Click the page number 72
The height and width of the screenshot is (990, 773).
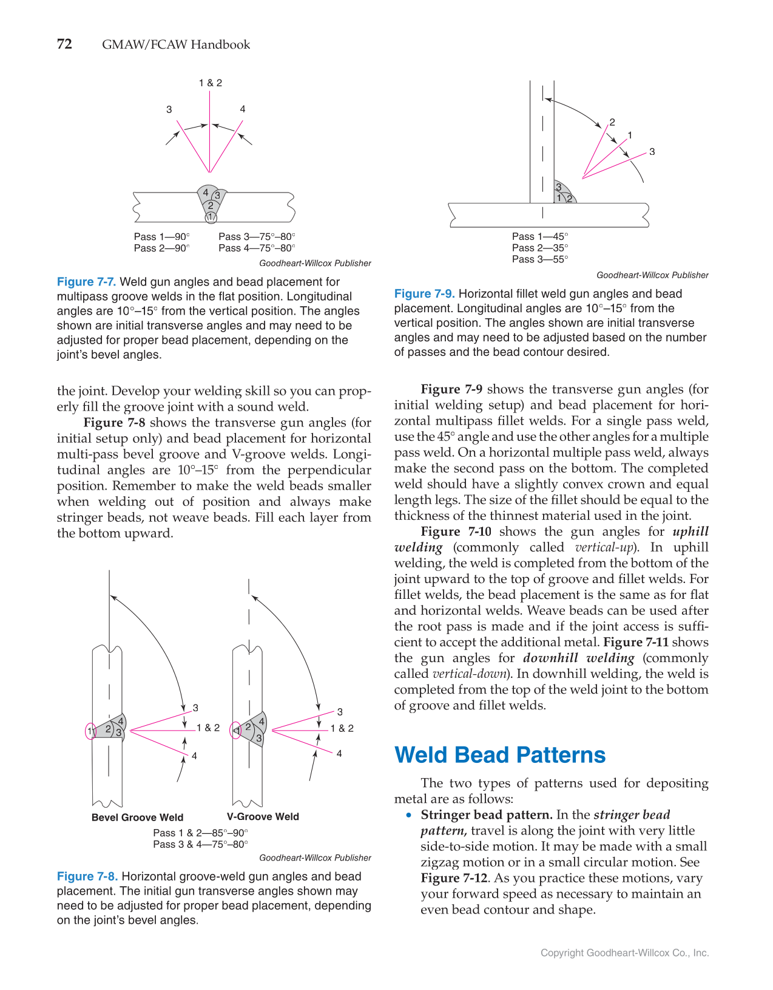(x=64, y=44)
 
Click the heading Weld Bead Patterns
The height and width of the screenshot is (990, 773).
(x=500, y=755)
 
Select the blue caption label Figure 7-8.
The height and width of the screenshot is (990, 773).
(x=87, y=876)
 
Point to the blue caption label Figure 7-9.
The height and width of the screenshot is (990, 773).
(x=424, y=294)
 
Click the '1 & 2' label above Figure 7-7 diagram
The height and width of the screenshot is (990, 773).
(x=211, y=83)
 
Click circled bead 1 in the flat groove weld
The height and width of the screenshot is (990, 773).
(x=211, y=217)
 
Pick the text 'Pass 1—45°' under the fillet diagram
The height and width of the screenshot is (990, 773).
(x=539, y=236)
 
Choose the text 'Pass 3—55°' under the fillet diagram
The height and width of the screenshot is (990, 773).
(x=539, y=259)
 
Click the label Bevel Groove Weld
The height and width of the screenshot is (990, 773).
(x=137, y=818)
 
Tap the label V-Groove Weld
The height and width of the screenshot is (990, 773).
(x=263, y=817)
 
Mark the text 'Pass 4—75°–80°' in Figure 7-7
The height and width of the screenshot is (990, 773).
(x=257, y=248)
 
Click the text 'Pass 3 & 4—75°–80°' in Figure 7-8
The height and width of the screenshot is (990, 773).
(x=200, y=844)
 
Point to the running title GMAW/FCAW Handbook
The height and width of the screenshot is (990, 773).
(x=176, y=45)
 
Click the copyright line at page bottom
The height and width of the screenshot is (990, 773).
(x=624, y=953)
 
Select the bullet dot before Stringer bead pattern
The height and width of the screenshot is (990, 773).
(x=409, y=815)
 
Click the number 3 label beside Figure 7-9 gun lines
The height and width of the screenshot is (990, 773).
(x=652, y=152)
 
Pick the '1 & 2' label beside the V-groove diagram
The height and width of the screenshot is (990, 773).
(x=342, y=728)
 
